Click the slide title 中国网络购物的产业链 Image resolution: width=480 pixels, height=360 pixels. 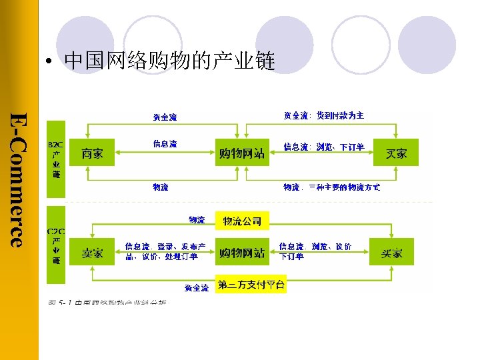coord(169,63)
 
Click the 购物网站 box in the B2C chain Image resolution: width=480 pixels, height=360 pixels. coord(242,153)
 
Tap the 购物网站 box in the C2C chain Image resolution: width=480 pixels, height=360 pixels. coord(242,253)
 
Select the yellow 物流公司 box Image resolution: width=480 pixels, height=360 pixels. coord(242,221)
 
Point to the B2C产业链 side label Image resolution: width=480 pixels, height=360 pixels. coord(56,159)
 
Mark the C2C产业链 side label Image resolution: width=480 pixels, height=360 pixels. coord(56,245)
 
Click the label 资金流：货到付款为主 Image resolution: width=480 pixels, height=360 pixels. coord(324,115)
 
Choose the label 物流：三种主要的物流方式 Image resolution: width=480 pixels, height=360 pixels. coord(332,187)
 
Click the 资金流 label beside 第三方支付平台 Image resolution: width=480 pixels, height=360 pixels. coord(196,287)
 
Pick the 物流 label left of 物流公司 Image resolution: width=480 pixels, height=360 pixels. coord(197,219)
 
